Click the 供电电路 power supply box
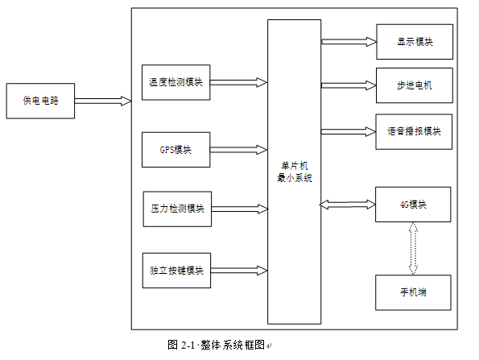(39, 101)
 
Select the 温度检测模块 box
(176, 82)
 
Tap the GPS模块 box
(176, 149)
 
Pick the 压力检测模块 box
(176, 209)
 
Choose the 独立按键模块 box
(176, 271)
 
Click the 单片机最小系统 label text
(294, 172)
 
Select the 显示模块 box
(414, 42)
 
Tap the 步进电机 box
(414, 85)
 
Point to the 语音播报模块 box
(414, 131)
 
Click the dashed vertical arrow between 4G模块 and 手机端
(414, 248)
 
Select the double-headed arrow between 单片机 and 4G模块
(348, 205)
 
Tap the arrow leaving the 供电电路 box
(102, 101)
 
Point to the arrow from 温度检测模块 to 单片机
(239, 82)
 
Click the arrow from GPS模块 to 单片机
(239, 149)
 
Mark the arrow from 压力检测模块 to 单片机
(239, 209)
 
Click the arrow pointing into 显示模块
(348, 40)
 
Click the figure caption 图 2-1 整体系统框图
(218, 344)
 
